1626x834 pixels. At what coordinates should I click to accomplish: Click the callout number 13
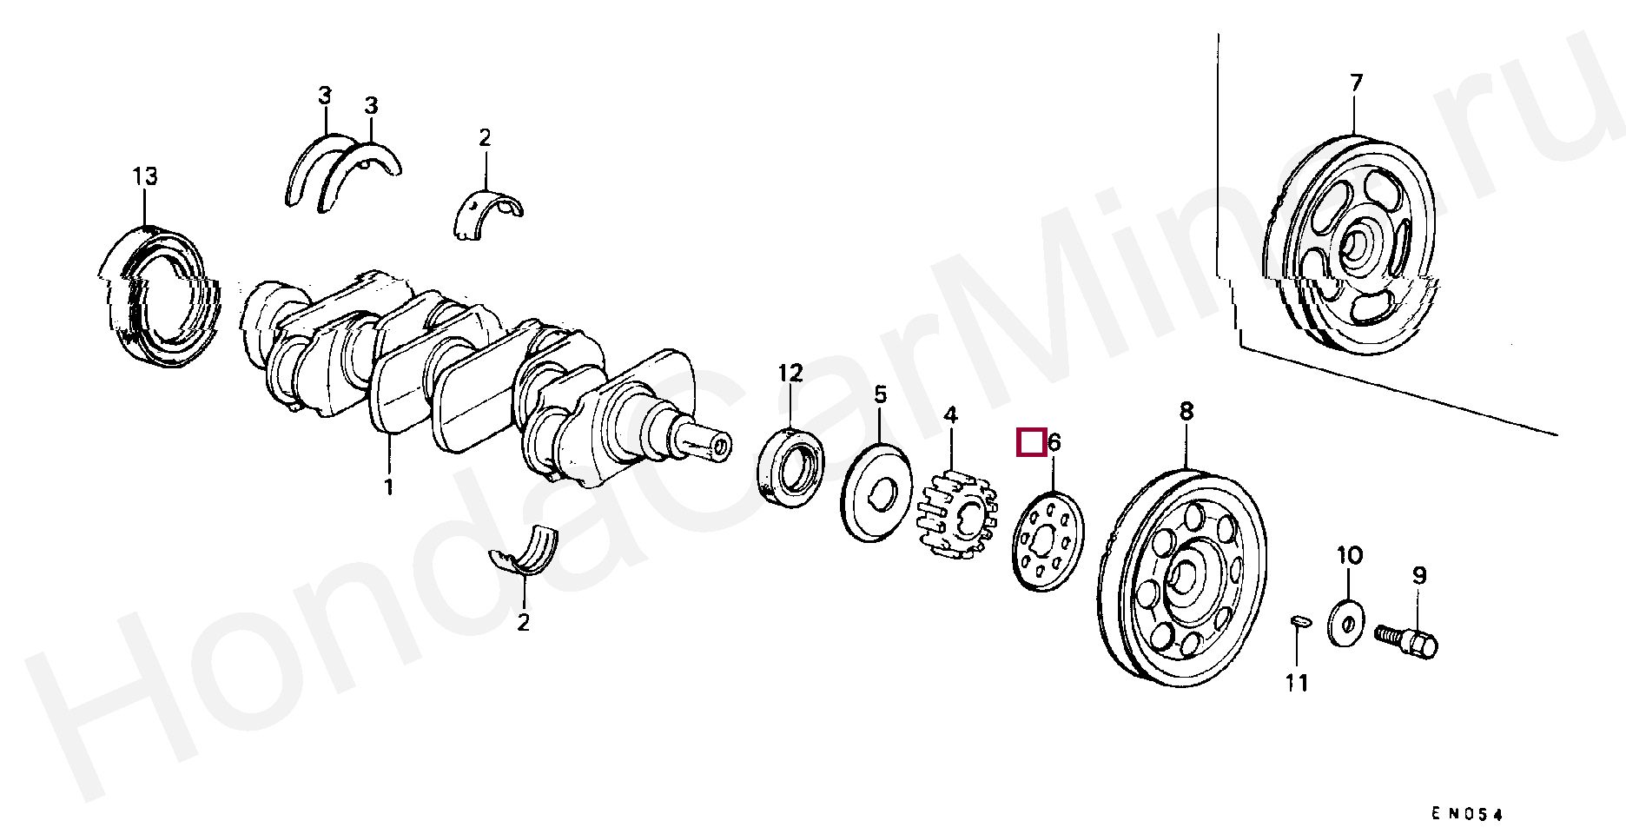pos(145,177)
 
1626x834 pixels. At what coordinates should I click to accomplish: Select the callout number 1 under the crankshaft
pos(389,486)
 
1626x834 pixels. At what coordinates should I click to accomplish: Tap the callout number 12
pos(790,374)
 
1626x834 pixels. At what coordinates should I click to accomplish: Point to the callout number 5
pos(881,395)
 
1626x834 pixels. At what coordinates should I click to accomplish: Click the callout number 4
pos(950,414)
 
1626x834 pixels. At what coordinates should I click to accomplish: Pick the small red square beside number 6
pos(1031,442)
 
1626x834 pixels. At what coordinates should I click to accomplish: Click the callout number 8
pos(1186,411)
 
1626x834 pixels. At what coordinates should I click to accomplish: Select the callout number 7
pos(1356,83)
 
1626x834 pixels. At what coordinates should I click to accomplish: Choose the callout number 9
pos(1418,574)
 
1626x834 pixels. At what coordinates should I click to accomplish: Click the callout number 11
pos(1297,684)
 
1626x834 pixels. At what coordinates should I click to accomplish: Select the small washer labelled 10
pos(1347,621)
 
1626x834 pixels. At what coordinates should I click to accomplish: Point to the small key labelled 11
pos(1298,620)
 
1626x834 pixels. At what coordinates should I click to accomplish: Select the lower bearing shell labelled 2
pos(525,553)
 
